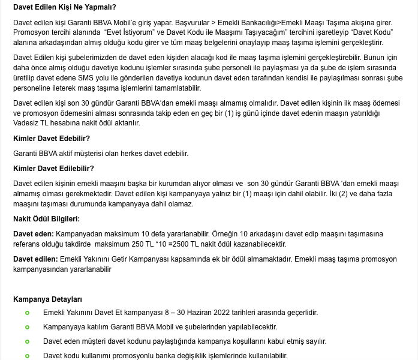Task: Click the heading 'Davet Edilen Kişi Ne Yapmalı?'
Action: [64, 8]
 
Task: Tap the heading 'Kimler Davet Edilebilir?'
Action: [53, 168]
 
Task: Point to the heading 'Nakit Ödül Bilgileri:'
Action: [46, 218]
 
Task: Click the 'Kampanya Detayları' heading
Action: [47, 299]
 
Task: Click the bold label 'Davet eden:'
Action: [34, 233]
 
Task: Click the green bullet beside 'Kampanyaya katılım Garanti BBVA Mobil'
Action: [27, 327]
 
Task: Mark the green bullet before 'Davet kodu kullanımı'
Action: [27, 356]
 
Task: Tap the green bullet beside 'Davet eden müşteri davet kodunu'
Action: [27, 341]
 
